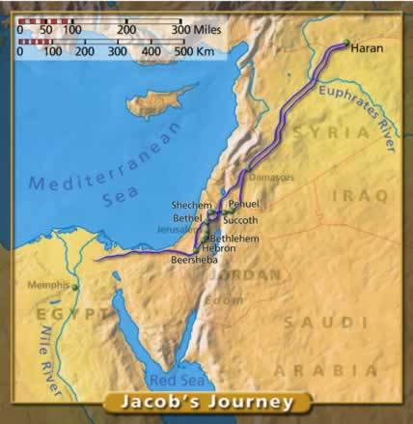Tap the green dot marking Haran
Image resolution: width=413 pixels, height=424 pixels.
(345, 42)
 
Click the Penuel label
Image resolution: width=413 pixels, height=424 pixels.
(245, 206)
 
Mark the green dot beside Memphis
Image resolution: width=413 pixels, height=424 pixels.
(74, 286)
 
